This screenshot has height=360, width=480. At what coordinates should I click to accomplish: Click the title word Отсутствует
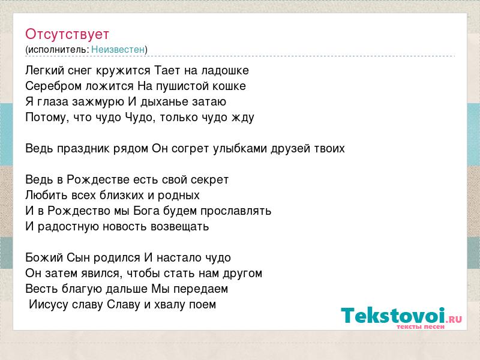(67, 34)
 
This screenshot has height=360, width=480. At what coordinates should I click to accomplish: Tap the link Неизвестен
(118, 49)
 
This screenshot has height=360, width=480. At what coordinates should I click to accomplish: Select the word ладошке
(225, 71)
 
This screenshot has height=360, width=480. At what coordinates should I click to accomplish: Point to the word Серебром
(53, 86)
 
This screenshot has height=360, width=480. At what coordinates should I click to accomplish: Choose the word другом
(242, 274)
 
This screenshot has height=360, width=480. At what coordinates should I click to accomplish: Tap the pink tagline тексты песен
(421, 326)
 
